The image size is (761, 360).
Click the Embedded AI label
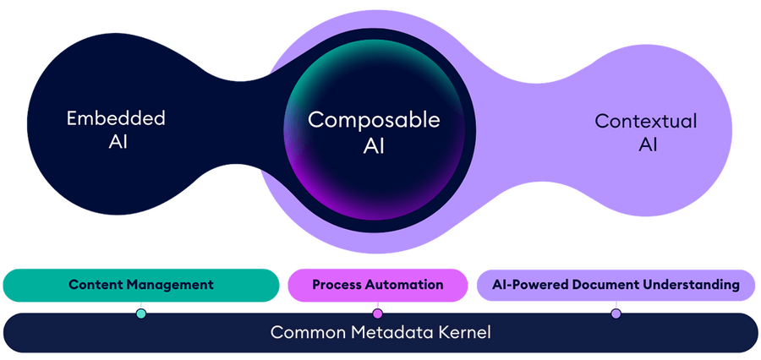(x=115, y=129)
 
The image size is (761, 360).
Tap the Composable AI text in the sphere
(x=374, y=132)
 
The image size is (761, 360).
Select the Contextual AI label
(x=646, y=132)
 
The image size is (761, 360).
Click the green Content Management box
(x=140, y=285)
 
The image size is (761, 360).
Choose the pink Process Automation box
(x=377, y=285)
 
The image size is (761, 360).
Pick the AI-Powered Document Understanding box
(x=616, y=285)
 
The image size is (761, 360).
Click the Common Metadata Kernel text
(x=380, y=332)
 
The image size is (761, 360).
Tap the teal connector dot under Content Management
(x=140, y=314)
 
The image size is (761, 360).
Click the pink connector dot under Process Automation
(x=377, y=314)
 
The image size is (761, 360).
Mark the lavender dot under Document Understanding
(x=616, y=314)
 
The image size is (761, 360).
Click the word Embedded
(x=115, y=117)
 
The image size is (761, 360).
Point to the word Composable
(x=374, y=120)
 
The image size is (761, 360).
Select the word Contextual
(x=646, y=121)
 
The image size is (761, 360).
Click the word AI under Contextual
(x=648, y=145)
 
